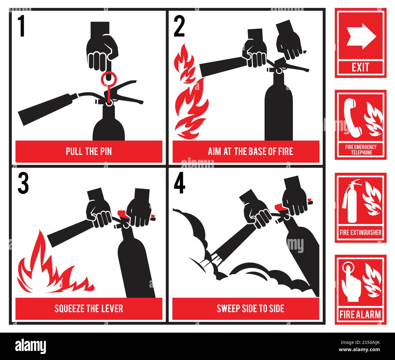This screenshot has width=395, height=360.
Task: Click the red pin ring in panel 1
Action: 108,78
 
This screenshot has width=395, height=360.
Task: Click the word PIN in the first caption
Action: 105,151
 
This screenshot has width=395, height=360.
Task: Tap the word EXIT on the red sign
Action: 361,67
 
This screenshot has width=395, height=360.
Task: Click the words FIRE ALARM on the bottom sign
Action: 360,314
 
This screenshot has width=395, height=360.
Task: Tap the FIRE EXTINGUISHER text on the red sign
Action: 360,233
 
